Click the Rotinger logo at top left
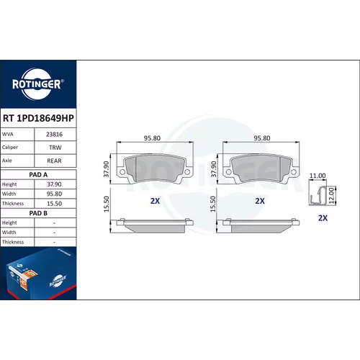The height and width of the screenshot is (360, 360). coord(38,84)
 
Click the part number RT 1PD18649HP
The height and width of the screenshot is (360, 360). coord(38,118)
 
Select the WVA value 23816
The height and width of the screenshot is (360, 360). coord(54,135)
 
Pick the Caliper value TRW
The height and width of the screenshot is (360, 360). coord(55,148)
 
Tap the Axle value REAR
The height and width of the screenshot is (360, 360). coord(54,161)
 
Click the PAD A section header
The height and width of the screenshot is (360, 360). coord(38,175)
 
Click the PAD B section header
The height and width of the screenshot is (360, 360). coord(38,213)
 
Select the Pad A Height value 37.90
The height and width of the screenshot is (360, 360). coord(54,184)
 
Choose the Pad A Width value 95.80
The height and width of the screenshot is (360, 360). coord(54,194)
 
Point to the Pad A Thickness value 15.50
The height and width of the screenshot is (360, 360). coord(54,204)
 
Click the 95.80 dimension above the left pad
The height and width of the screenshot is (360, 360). coord(152,138)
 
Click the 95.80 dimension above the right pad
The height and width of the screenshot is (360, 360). coord(262,138)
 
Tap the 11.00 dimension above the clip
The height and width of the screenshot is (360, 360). coord(318,176)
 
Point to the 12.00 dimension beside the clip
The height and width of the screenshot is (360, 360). coord(331,196)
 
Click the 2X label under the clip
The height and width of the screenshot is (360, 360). coord(323,218)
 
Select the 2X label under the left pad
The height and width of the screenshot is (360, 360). coord(155,201)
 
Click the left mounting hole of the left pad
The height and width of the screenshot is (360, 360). coord(122,172)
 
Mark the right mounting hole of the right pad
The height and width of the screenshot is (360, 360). coord(293,172)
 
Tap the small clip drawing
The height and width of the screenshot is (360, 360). coord(318,196)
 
